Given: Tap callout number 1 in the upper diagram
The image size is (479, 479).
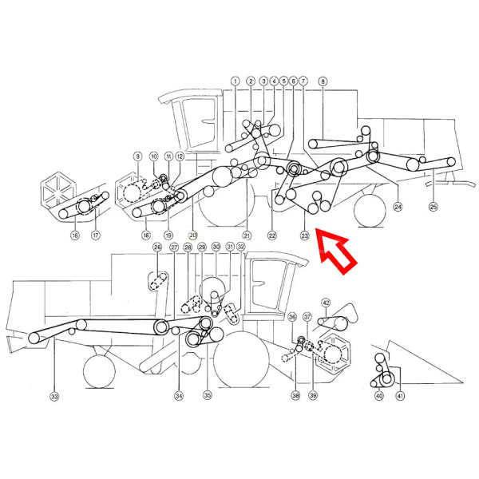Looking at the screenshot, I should pyautogui.click(x=236, y=81).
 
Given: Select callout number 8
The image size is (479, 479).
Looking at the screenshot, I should pyautogui.click(x=323, y=81).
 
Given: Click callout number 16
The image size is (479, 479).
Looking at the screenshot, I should pyautogui.click(x=74, y=236).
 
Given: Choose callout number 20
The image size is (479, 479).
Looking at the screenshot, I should pyautogui.click(x=192, y=236).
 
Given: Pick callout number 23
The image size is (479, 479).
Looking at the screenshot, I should pyautogui.click(x=304, y=236).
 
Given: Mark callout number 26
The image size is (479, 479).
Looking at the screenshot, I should pyautogui.click(x=157, y=248).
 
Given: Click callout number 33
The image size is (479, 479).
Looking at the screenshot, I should pyautogui.click(x=54, y=396).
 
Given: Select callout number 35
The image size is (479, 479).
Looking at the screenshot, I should pyautogui.click(x=208, y=394).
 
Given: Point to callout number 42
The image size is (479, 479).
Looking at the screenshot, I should pyautogui.click(x=326, y=303).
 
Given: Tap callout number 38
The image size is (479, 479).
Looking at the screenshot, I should pyautogui.click(x=295, y=396).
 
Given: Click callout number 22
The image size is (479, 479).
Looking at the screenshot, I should pyautogui.click(x=272, y=236).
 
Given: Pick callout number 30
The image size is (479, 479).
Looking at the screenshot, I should pyautogui.click(x=216, y=248).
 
